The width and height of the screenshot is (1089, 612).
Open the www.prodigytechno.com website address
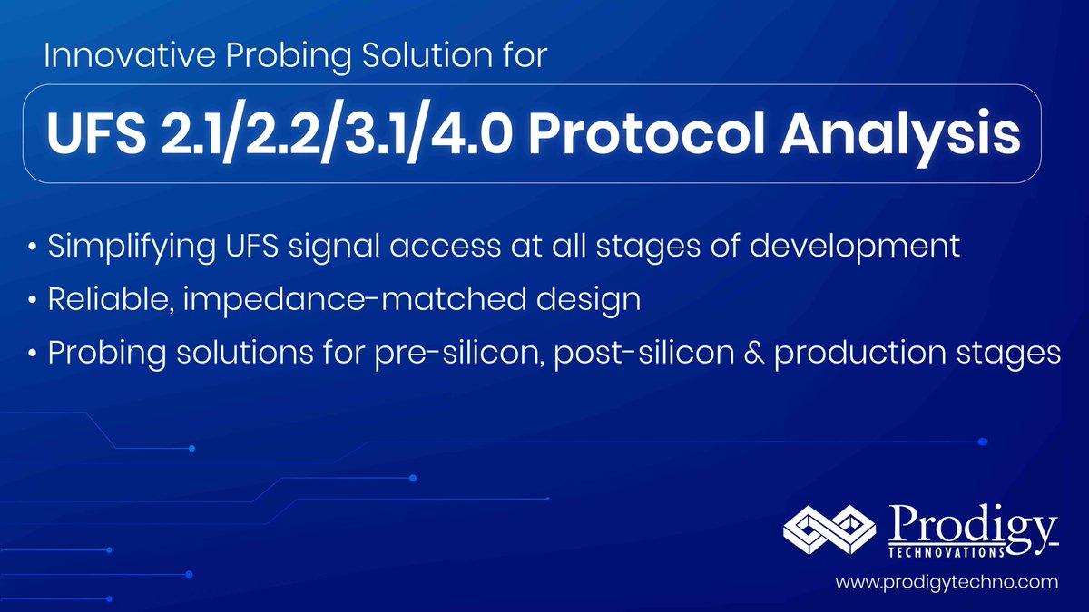(947, 580)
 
